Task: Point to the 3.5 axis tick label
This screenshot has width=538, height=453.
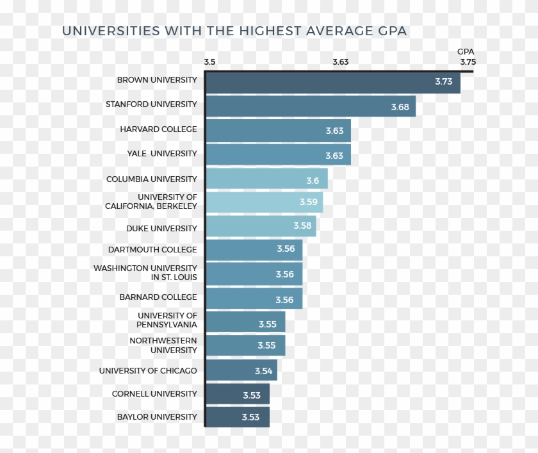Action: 210,62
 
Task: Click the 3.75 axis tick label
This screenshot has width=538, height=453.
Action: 468,62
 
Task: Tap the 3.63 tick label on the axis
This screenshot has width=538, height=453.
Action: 341,62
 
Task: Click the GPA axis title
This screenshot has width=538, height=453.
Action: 466,52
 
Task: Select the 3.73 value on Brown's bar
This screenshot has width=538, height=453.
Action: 443,82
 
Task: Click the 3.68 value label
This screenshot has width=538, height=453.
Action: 400,107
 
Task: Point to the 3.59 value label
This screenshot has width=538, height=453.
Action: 308,202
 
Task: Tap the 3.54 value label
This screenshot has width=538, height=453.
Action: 263,371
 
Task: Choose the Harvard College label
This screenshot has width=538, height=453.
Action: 158,129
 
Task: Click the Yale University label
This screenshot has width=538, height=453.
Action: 162,154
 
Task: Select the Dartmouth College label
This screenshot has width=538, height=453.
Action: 152,249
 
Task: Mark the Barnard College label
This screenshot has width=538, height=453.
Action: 158,297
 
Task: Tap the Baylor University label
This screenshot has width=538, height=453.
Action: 157,417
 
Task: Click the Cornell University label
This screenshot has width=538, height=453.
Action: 154,393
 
